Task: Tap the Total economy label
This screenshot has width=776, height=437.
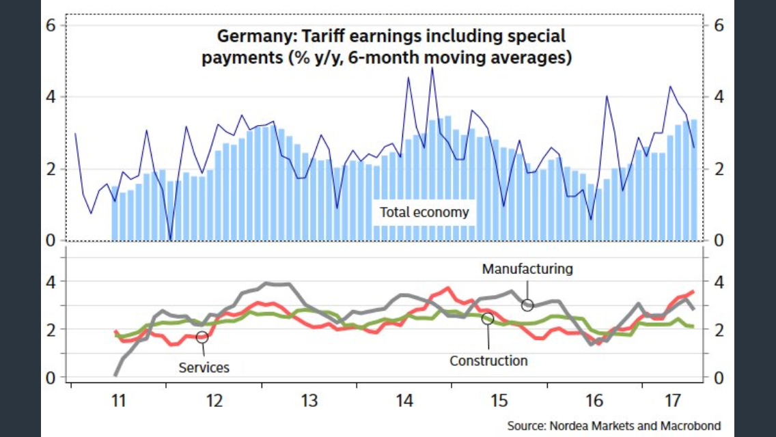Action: tap(424, 212)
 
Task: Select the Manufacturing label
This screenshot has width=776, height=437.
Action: tap(527, 268)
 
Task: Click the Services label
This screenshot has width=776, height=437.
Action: tap(204, 367)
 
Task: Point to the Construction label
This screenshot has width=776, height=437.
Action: tap(488, 361)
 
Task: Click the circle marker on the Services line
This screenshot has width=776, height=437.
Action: tap(202, 337)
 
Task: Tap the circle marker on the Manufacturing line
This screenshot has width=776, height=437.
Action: tap(527, 305)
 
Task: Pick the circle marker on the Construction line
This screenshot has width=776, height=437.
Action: tap(488, 318)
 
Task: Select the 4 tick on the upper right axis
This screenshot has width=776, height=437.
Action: tap(718, 97)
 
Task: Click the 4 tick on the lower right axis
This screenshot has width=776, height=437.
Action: tap(718, 281)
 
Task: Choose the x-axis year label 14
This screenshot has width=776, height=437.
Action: tap(404, 401)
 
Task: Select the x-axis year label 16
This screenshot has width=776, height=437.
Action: tap(594, 401)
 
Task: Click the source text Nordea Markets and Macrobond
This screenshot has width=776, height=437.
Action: tap(613, 426)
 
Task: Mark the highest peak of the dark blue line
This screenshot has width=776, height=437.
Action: tap(432, 68)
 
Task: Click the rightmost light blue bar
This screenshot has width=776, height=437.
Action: tap(694, 180)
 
